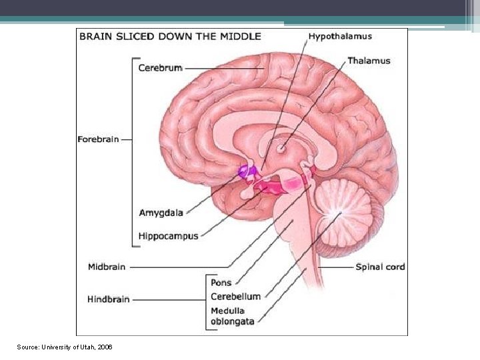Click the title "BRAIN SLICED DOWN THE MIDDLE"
click(x=170, y=37)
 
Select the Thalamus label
click(x=369, y=61)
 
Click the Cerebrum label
click(x=160, y=67)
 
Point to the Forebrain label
click(x=98, y=139)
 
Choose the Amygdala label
click(x=161, y=213)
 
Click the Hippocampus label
click(x=168, y=236)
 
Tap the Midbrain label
click(x=107, y=267)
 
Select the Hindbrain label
click(x=108, y=299)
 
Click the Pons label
click(x=221, y=283)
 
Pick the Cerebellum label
click(x=235, y=297)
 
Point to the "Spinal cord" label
click(x=380, y=267)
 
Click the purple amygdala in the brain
click(x=247, y=171)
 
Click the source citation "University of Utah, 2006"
click(x=65, y=347)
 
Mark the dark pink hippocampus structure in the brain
click(x=273, y=188)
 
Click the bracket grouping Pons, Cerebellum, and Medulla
click(x=206, y=300)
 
